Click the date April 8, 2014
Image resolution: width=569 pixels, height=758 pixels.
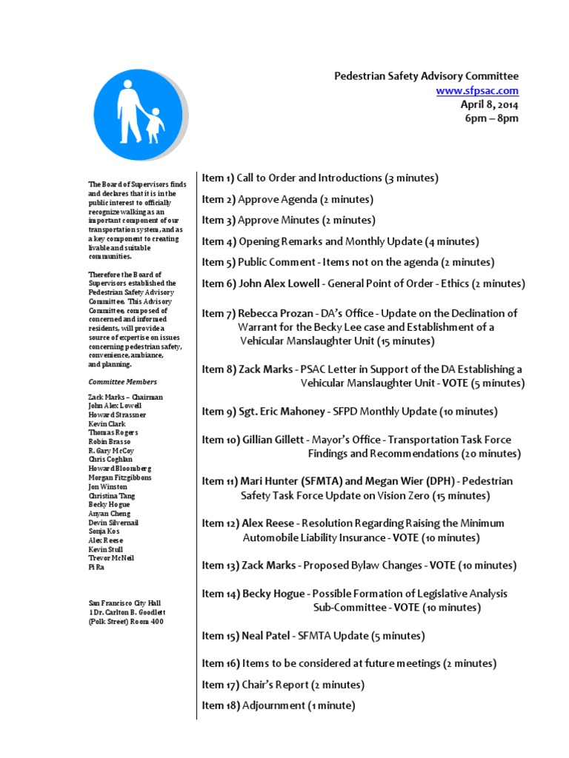(490, 104)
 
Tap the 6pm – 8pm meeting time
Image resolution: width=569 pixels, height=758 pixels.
(492, 118)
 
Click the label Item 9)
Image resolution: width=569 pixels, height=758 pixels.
(219, 412)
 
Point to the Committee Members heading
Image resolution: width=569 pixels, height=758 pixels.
(123, 382)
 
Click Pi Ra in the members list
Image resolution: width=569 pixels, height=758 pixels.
(96, 566)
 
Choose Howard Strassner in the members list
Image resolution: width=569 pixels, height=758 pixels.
(116, 415)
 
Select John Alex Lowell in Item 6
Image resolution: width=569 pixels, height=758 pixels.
(278, 284)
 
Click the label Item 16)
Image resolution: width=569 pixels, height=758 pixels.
(220, 663)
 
